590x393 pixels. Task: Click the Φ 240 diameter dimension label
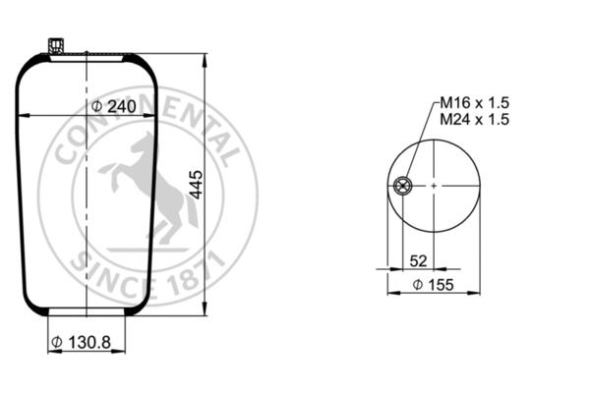coord(114,107)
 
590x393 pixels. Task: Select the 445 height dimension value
coord(196,185)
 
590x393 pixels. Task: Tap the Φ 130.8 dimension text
coord(81,342)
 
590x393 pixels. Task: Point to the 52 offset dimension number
coord(419,260)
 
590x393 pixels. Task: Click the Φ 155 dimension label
coord(433,285)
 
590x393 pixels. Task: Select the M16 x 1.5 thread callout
coord(475,102)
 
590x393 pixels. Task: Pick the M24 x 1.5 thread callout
coord(475,119)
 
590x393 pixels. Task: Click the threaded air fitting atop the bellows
coord(56,46)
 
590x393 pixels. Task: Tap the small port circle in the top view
coord(402,186)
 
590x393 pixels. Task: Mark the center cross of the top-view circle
coord(434,186)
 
